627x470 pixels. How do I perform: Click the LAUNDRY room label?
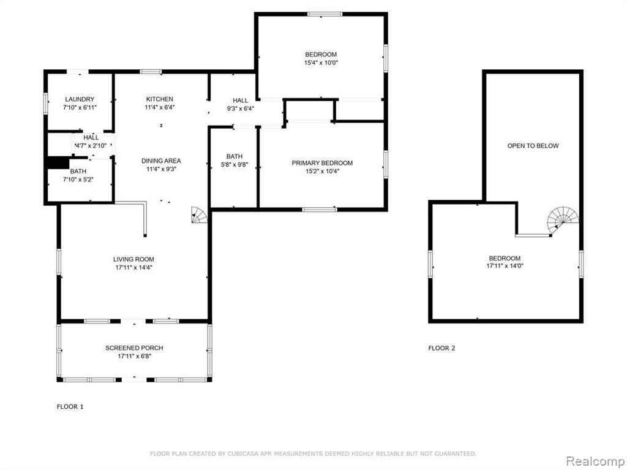pyautogui.click(x=80, y=99)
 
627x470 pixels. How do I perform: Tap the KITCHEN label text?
pyautogui.click(x=160, y=99)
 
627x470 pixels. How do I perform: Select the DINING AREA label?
pyautogui.click(x=161, y=161)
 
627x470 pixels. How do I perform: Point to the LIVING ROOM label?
pyautogui.click(x=133, y=259)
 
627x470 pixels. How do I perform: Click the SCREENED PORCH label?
pyautogui.click(x=134, y=348)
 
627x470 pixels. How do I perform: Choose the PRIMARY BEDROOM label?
pyautogui.click(x=322, y=163)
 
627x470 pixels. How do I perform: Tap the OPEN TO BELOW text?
pyautogui.click(x=533, y=146)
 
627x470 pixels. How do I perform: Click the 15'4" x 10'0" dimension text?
pyautogui.click(x=321, y=63)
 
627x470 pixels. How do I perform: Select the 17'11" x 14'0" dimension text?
pyautogui.click(x=505, y=266)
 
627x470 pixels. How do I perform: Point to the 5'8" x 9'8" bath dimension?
pyautogui.click(x=235, y=164)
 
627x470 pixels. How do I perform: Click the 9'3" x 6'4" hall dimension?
pyautogui.click(x=241, y=108)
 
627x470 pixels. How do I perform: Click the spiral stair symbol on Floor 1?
pyautogui.click(x=200, y=215)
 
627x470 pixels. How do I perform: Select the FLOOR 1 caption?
pyautogui.click(x=70, y=406)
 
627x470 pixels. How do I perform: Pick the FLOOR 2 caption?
pyautogui.click(x=441, y=348)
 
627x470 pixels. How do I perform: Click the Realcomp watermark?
pyautogui.click(x=595, y=461)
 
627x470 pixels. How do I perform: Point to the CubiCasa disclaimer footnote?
pyautogui.click(x=313, y=453)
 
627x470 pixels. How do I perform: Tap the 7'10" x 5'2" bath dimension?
pyautogui.click(x=78, y=180)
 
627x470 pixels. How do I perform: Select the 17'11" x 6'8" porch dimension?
pyautogui.click(x=134, y=356)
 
